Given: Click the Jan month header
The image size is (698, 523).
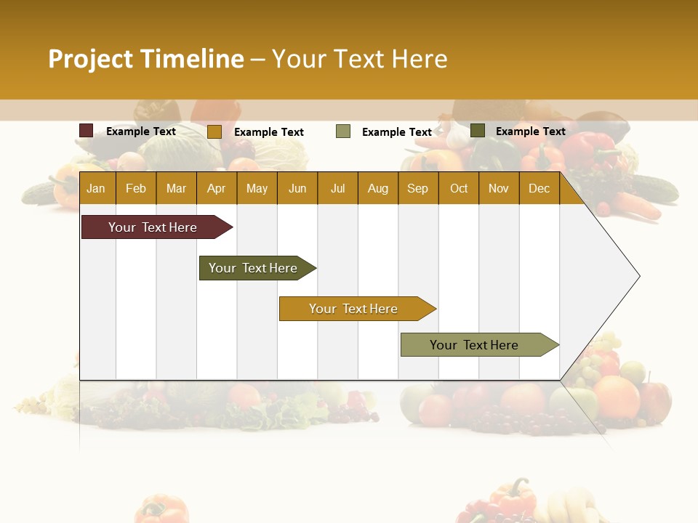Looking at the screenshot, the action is pos(96,189).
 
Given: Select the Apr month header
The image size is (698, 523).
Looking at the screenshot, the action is pos(217,189).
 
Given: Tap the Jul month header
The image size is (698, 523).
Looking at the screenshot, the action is pos(337,189).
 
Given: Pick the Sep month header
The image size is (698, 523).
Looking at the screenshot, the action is pos(417,189).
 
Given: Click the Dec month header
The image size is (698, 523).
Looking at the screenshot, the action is pos(539,189).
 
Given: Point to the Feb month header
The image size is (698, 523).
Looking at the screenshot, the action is pos(136,189).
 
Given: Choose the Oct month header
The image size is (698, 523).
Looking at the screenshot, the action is pos(459,189).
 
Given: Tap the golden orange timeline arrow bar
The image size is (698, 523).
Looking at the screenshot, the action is pos(354,309).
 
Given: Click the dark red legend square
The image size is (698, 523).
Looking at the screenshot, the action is pos(87,131).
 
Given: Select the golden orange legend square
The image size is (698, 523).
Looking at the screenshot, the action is pos(214,131).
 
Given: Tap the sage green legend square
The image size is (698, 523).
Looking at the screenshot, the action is pos(343,131).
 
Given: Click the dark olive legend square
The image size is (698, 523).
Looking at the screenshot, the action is pos(478,131).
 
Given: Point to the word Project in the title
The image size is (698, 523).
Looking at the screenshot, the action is pos(90,59).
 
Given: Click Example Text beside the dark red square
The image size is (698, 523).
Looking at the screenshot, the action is pos(141,131).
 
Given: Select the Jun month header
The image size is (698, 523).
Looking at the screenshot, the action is pos(297,189).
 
